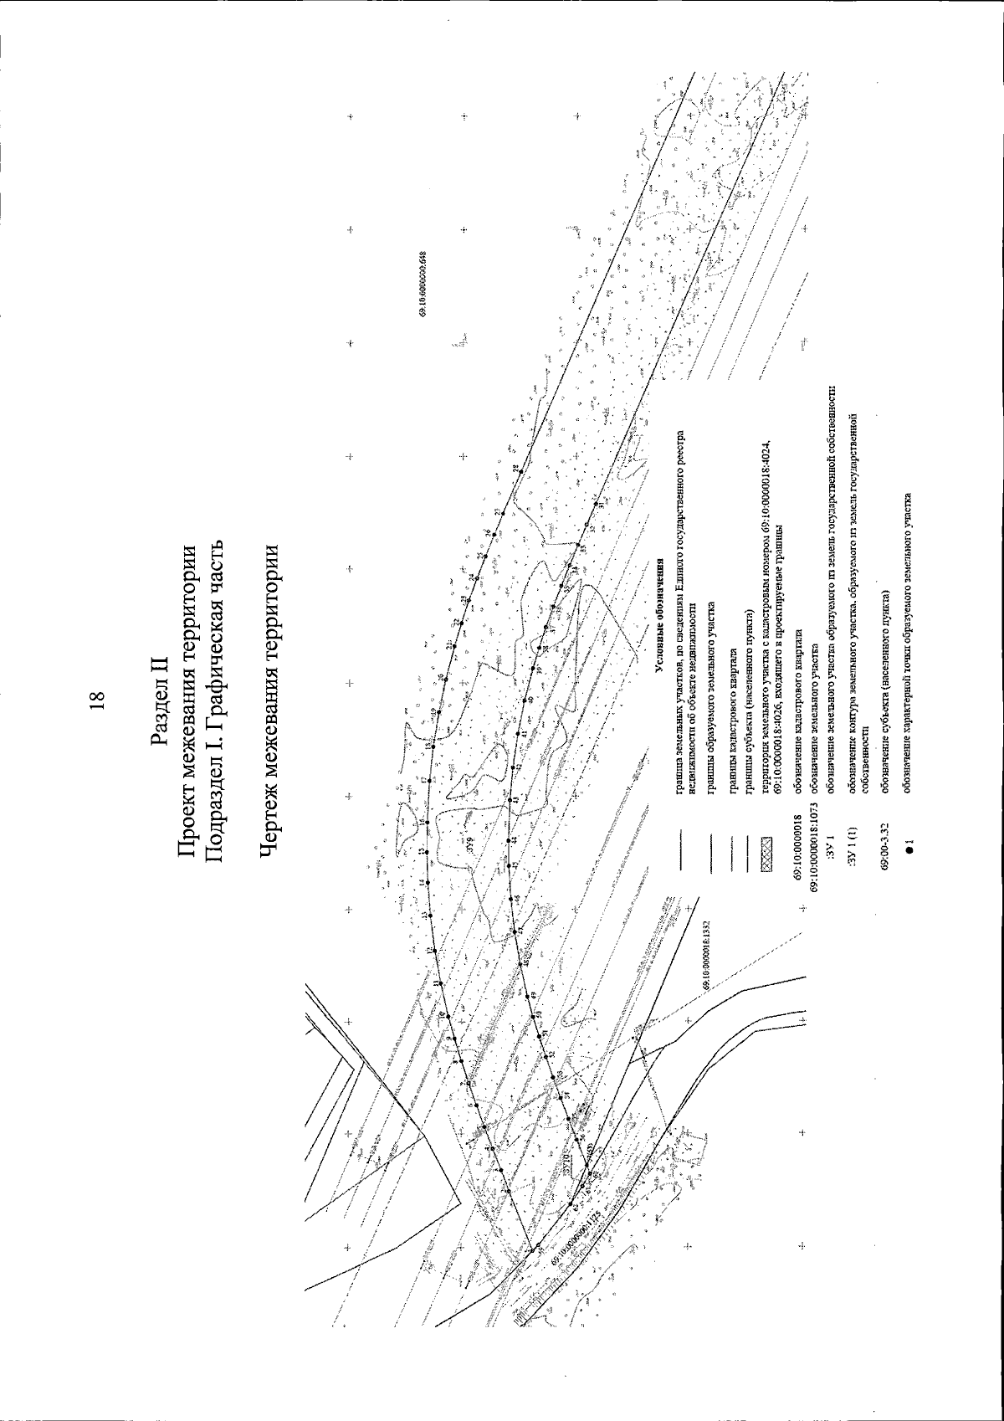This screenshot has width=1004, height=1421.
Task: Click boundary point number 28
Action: pyautogui.click(x=516, y=468)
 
